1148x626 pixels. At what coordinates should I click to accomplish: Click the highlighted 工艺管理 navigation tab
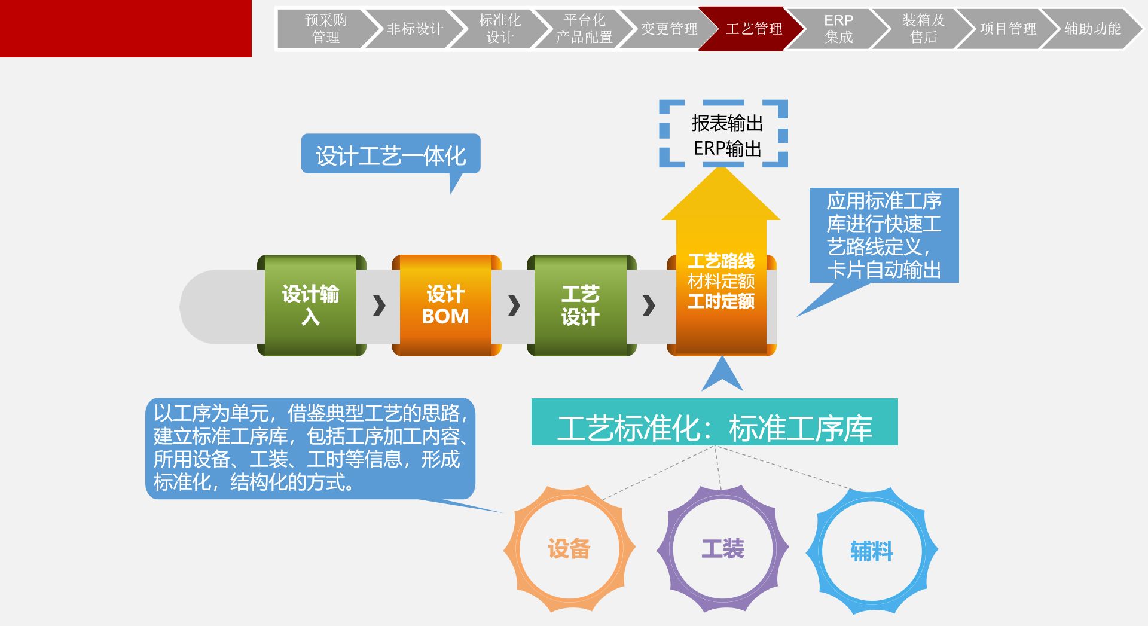click(x=753, y=29)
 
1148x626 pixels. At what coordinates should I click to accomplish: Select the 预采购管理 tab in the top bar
click(x=326, y=29)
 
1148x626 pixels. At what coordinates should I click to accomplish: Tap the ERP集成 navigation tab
click(x=838, y=29)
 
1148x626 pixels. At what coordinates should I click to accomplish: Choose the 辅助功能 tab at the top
click(x=1092, y=29)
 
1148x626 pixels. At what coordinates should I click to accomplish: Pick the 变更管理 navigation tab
click(x=668, y=29)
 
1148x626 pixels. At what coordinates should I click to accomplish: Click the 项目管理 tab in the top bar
click(x=1007, y=29)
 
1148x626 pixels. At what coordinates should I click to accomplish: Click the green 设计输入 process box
click(x=311, y=305)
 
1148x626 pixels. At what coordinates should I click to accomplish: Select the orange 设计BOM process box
click(x=445, y=305)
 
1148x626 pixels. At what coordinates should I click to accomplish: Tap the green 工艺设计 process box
click(x=580, y=305)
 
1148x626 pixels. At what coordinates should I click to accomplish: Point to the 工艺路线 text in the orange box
click(x=721, y=261)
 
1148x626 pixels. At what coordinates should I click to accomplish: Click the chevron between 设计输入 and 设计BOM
click(x=379, y=306)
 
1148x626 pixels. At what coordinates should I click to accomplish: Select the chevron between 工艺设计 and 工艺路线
click(x=649, y=306)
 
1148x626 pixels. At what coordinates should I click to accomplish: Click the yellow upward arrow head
click(x=721, y=197)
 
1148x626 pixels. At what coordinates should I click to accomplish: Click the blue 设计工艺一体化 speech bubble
click(x=390, y=155)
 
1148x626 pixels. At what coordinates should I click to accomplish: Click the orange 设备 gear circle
click(x=569, y=548)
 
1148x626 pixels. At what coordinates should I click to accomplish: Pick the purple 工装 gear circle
click(x=723, y=548)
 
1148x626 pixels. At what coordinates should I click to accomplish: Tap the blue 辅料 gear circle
click(x=872, y=551)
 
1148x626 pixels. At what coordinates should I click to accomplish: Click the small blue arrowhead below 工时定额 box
click(x=722, y=374)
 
